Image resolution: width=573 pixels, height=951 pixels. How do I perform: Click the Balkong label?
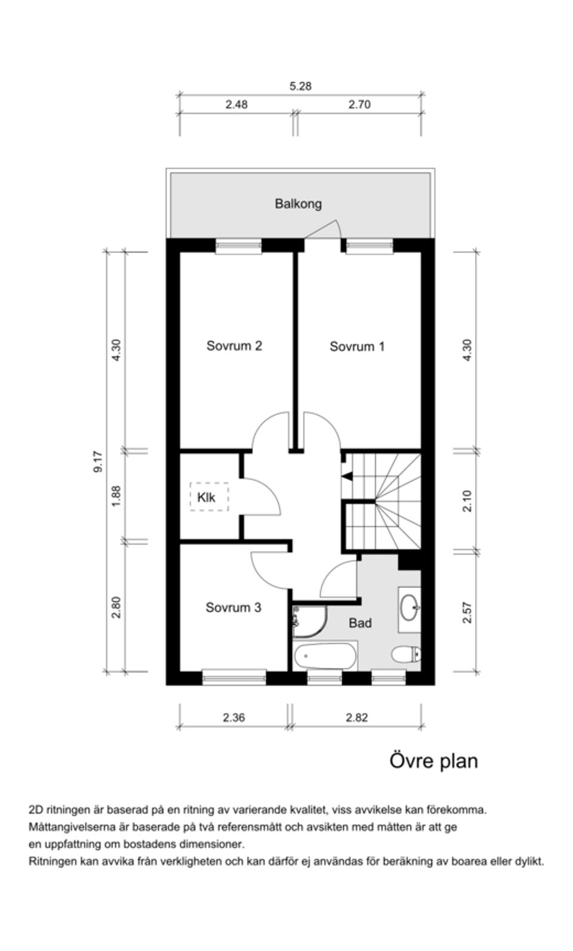coord(298,204)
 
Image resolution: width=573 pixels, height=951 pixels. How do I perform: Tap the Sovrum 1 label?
coord(357,346)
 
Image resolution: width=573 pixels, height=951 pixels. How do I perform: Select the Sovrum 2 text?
coord(234,346)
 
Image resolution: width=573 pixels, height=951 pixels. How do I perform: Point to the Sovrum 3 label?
coord(233,608)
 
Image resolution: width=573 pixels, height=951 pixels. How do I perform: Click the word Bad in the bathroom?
coord(360,623)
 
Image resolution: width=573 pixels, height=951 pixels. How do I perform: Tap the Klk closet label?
coord(206,497)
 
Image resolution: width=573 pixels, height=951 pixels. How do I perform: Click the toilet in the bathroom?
coord(406,655)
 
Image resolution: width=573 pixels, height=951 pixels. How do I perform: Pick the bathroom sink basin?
coord(409,609)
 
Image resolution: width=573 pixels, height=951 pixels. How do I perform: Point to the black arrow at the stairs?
coord(346,476)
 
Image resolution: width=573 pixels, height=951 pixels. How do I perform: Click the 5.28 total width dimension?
coord(300,86)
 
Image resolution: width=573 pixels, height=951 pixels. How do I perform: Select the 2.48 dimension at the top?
coord(236,104)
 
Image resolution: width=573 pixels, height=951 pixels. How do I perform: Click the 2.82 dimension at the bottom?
coord(357,718)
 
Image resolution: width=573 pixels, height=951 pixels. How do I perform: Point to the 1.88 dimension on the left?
coord(116,496)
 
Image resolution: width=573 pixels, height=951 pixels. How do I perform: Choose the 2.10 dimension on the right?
coord(467,500)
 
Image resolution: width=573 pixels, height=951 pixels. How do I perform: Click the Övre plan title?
coord(433,761)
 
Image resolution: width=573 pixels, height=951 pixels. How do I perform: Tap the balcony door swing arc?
coord(325,227)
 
